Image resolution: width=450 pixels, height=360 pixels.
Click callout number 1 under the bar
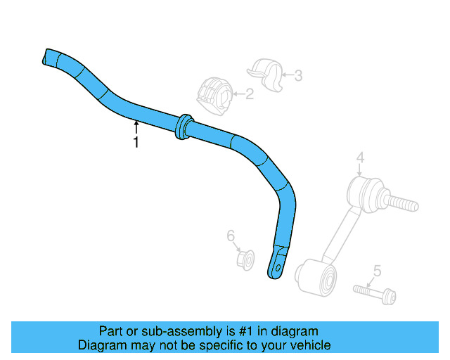(136, 142)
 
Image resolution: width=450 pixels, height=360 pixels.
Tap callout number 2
(249, 94)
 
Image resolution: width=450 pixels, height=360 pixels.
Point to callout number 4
(359, 157)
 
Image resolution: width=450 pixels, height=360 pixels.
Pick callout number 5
(377, 270)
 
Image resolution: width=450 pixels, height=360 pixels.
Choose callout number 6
(230, 236)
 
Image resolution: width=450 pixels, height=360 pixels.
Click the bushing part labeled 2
(212, 95)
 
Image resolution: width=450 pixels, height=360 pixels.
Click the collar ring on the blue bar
(183, 125)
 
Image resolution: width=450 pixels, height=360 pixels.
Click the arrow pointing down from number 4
(359, 172)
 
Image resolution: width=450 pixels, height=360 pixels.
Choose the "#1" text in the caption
(247, 331)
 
